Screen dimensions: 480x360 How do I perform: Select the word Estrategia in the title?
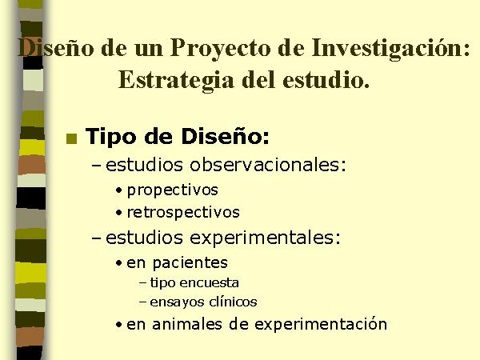(176, 80)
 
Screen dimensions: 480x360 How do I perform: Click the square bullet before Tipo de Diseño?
(72, 138)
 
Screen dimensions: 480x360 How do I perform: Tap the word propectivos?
(172, 190)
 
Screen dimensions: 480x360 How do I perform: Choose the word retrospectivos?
(183, 213)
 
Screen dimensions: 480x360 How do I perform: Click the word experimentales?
(265, 238)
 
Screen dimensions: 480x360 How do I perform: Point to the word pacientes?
(190, 263)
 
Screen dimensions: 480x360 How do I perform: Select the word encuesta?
(209, 283)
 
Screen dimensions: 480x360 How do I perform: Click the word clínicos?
(234, 302)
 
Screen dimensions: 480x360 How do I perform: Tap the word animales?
(187, 324)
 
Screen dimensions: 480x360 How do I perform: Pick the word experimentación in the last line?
(321, 325)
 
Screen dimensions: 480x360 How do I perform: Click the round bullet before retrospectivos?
(119, 213)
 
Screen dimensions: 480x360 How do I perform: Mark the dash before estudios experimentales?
(97, 238)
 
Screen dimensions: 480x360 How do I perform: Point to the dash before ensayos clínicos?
(142, 302)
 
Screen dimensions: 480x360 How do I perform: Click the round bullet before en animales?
(119, 325)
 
